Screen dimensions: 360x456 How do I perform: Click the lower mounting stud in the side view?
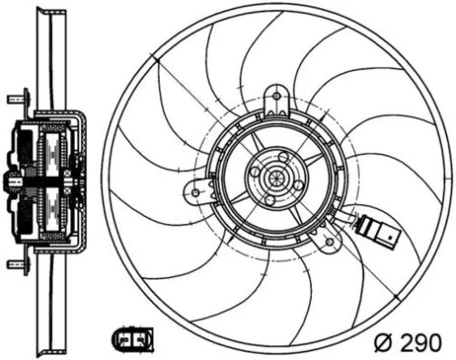tap(15, 264)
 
